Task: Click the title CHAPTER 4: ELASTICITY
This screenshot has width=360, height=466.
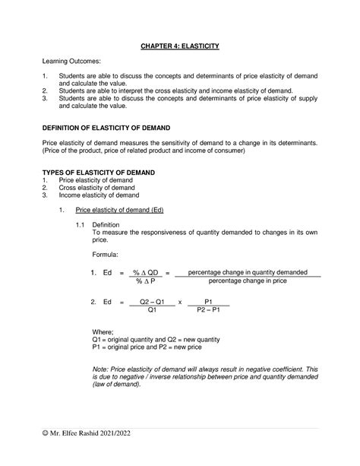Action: pyautogui.click(x=179, y=46)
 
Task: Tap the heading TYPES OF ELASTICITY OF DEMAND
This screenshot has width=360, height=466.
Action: pyautogui.click(x=97, y=173)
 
